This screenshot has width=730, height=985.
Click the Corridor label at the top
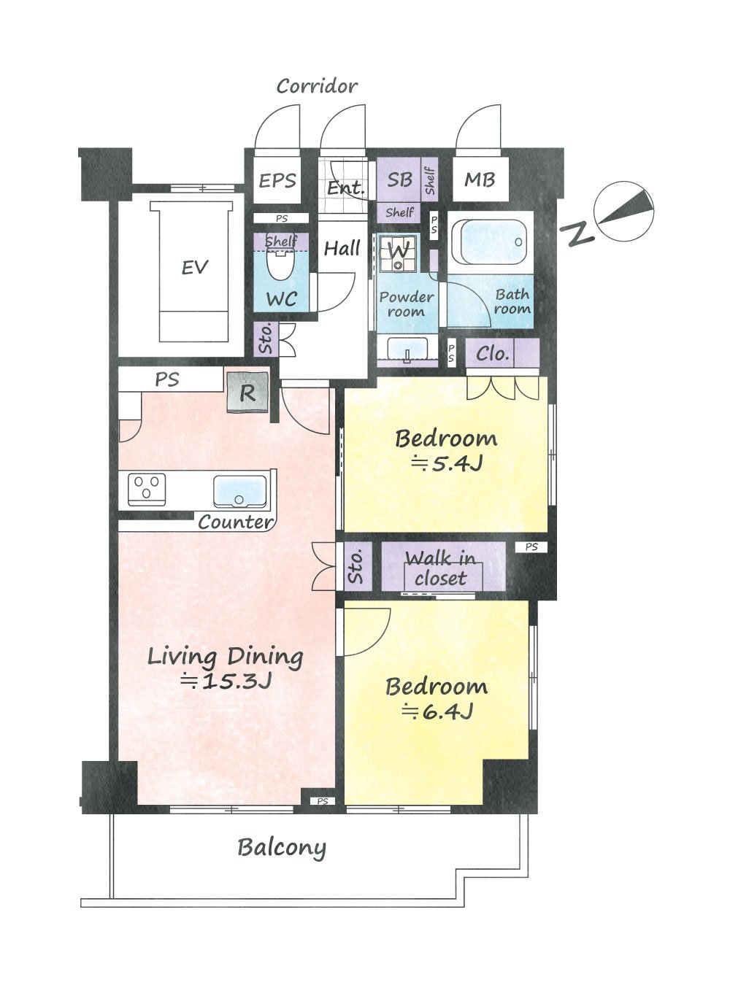[x=317, y=86]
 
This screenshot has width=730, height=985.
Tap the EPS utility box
[x=277, y=181]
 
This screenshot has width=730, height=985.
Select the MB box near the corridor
[x=480, y=179]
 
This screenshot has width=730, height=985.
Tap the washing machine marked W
[x=398, y=253]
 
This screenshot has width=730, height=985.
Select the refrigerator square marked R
[x=247, y=393]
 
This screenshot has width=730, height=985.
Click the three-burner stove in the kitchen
[x=147, y=490]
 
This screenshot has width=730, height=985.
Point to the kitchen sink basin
[x=240, y=491]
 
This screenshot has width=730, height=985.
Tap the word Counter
[x=236, y=522]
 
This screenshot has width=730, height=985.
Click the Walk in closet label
[x=441, y=569]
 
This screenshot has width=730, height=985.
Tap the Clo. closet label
[x=492, y=354]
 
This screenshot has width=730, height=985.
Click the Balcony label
[x=282, y=848]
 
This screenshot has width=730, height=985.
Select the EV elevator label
[x=195, y=267]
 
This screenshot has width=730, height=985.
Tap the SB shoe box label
[x=400, y=179]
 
